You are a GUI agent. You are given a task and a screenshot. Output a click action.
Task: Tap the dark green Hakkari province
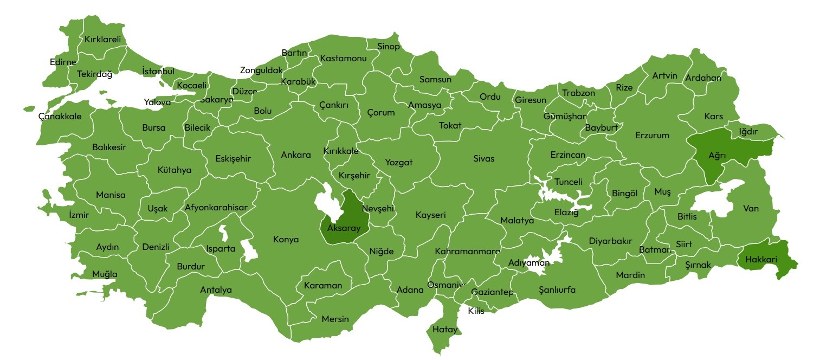764,259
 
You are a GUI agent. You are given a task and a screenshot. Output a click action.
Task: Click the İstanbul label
158,72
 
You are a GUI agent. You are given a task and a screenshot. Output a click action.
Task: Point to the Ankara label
296,155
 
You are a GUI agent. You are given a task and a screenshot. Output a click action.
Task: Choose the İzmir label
79,215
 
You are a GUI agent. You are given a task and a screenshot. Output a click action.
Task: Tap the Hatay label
445,329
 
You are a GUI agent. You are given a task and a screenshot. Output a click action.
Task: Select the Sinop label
388,47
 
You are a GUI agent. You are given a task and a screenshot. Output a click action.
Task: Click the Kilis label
476,311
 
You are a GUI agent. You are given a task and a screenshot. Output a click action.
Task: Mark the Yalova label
157,102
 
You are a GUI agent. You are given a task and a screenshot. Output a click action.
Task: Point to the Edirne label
63,62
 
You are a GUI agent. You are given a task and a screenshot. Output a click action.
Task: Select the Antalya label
216,290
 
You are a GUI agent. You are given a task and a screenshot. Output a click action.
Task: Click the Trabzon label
578,93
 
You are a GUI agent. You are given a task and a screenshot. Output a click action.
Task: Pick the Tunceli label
568,182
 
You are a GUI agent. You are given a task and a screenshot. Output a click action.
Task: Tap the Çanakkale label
60,116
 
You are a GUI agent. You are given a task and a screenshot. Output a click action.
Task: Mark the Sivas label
483,159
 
